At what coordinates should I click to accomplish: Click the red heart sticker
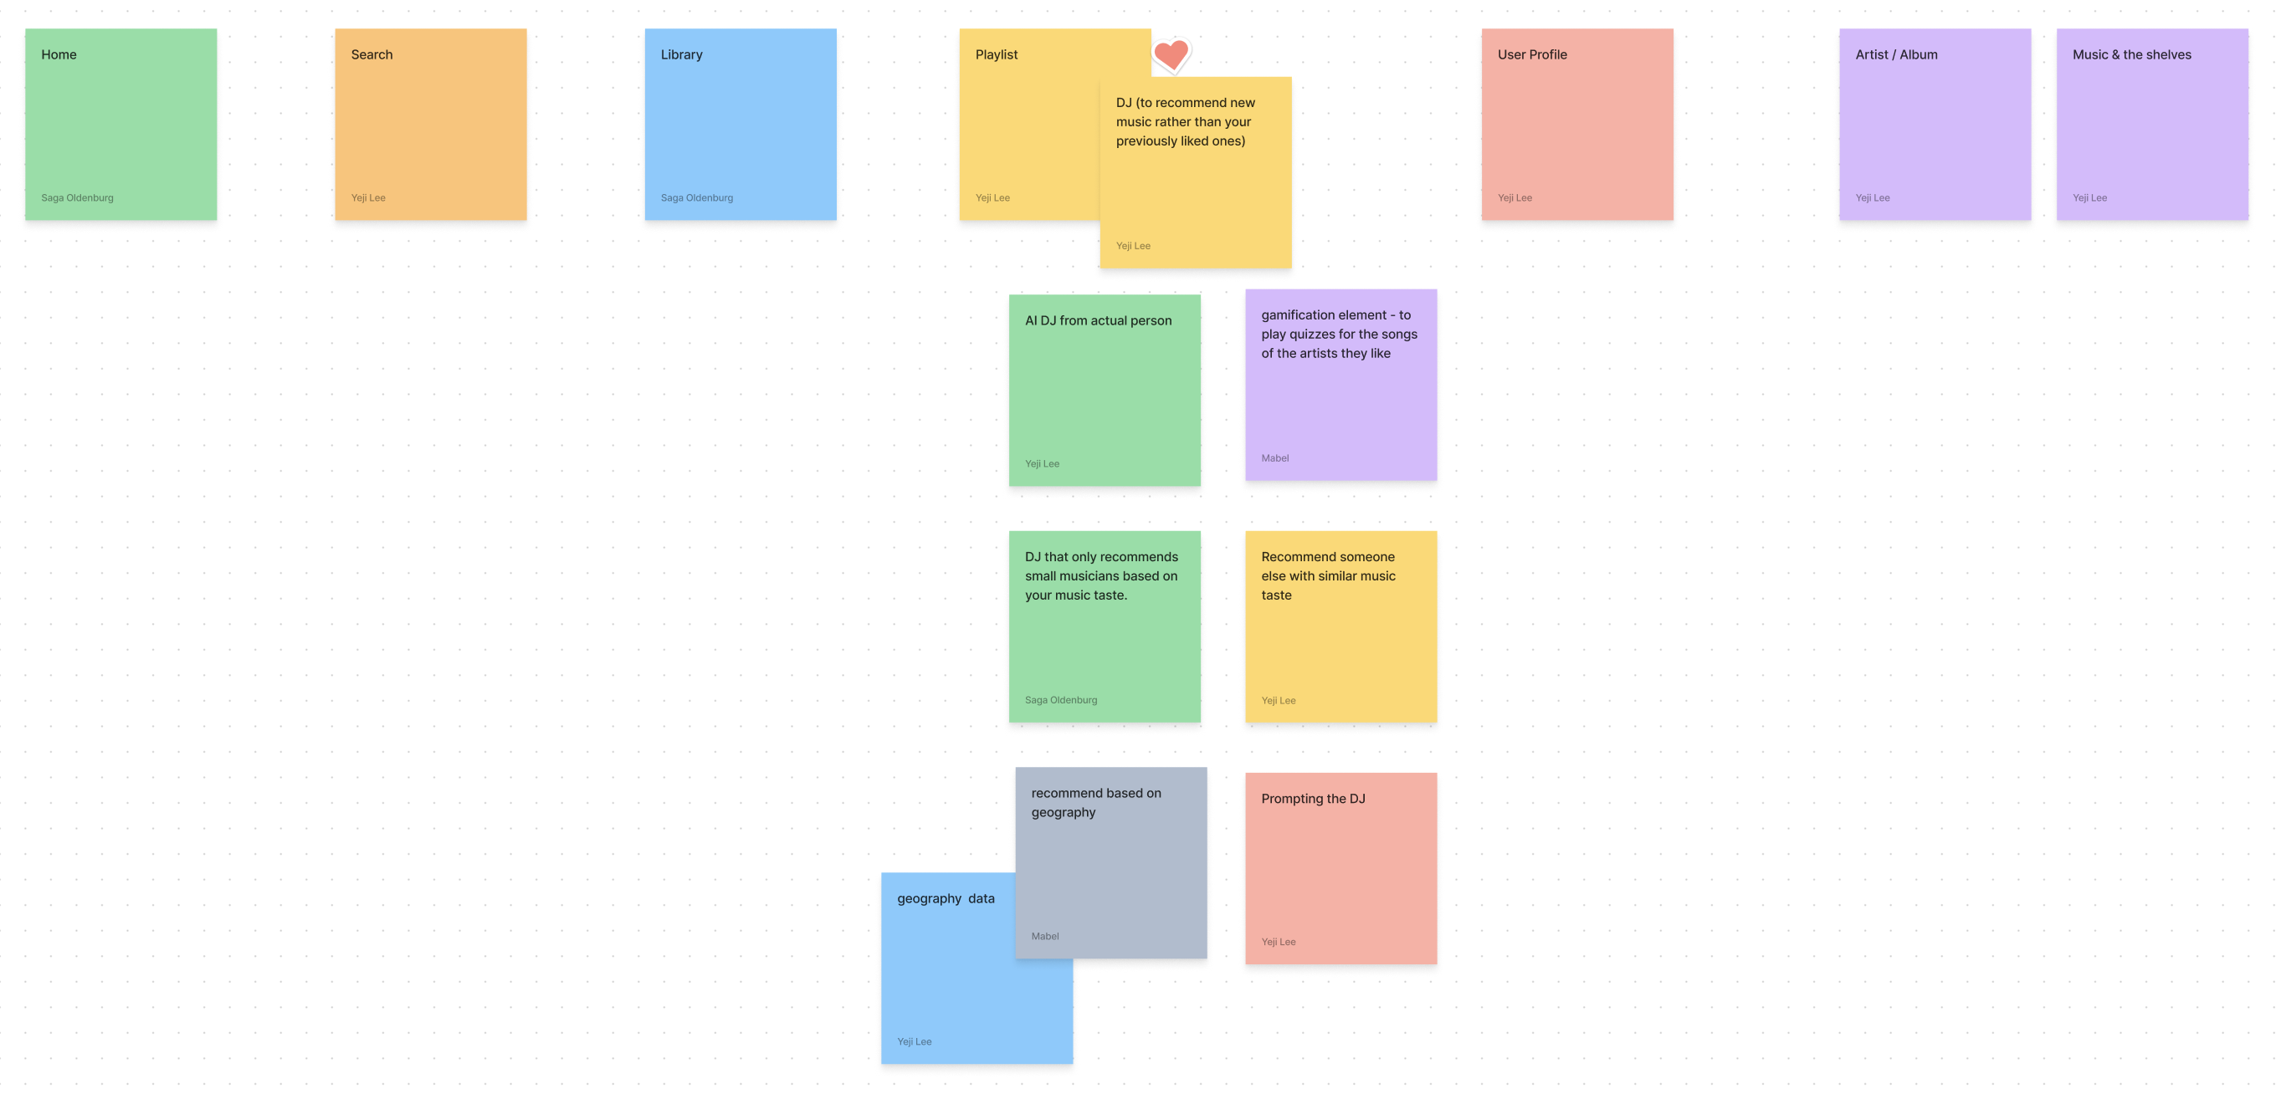coord(1171,56)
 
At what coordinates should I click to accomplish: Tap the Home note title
coord(59,55)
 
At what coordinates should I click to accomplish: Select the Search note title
coord(372,55)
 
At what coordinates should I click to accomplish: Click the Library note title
coord(681,55)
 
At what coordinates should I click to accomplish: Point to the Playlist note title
coord(997,55)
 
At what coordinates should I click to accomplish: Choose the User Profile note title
coord(1532,55)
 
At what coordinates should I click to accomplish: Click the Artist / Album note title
coord(1896,55)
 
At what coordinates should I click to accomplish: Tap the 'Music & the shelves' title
coord(2131,55)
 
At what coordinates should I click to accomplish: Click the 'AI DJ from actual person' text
coord(1098,320)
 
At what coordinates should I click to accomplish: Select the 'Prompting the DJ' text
coord(1313,799)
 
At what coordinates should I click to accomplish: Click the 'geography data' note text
coord(946,898)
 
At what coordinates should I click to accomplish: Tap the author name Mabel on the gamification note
coord(1275,458)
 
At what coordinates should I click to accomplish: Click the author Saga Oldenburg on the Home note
coord(77,197)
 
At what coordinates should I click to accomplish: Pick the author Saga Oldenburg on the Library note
coord(697,197)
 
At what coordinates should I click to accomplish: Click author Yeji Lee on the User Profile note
coord(1515,197)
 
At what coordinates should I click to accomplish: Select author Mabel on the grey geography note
coord(1045,936)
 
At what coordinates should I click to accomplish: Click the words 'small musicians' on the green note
coord(1073,576)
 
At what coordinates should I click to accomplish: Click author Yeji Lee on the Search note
coord(367,197)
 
